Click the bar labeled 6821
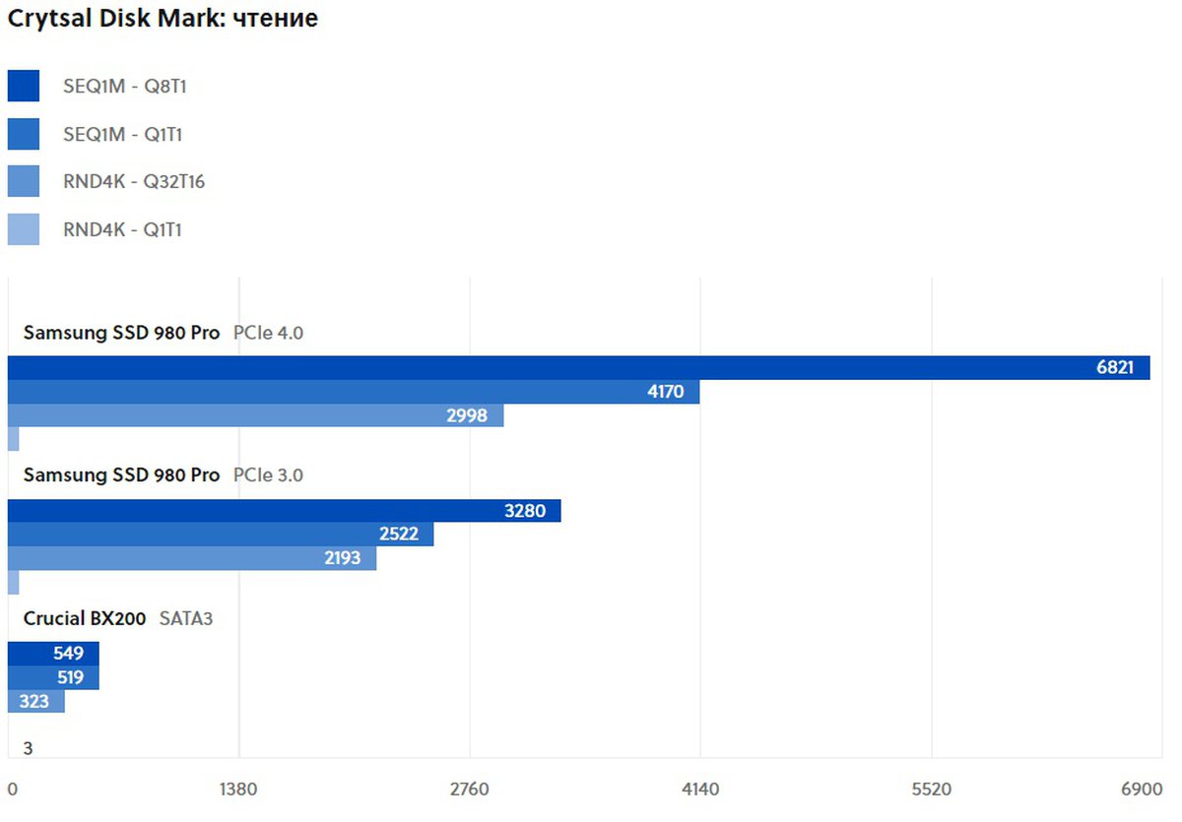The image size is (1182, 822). (579, 368)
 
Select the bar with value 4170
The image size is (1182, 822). (354, 392)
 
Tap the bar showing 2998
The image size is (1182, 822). (255, 415)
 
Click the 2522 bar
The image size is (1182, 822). (221, 535)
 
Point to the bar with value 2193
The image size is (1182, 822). (192, 558)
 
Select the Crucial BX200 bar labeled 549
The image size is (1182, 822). (53, 654)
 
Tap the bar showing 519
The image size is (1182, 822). (53, 677)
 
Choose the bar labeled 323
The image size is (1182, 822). (35, 701)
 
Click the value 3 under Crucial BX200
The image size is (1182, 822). (28, 749)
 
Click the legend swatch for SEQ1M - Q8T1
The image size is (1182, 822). (24, 87)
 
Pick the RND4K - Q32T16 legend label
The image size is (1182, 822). (134, 181)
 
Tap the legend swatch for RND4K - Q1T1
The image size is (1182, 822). (24, 229)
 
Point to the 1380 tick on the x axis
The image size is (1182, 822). (238, 790)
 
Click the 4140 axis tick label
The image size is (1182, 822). (700, 790)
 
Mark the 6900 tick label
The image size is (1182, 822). (1143, 790)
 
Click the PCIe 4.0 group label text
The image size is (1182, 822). (268, 333)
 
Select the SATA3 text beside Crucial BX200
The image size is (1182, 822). (186, 619)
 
